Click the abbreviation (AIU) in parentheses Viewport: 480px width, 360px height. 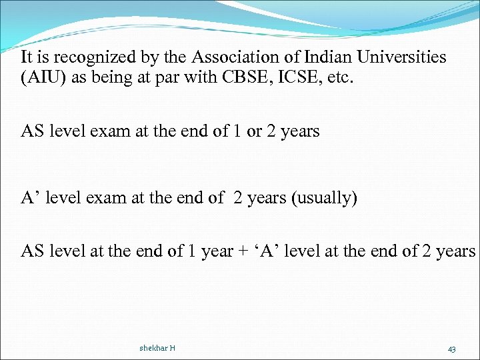point(43,77)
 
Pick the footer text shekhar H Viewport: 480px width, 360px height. point(157,348)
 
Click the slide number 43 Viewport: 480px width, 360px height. point(451,349)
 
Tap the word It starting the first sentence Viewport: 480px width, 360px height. point(28,57)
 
